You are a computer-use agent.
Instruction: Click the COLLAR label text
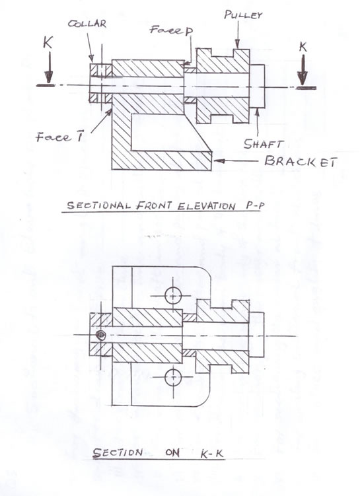(87, 23)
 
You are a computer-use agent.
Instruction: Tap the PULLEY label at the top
(243, 15)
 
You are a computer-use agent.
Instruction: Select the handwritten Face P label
(172, 30)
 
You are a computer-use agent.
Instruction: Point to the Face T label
(59, 137)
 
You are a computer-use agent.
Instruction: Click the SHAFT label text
(262, 144)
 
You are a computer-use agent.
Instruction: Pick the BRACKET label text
(301, 162)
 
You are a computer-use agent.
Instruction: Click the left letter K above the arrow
(48, 42)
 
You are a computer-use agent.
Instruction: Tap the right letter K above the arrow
(303, 47)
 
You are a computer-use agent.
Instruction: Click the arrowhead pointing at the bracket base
(219, 160)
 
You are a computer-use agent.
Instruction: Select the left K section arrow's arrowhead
(48, 77)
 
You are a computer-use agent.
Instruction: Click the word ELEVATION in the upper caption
(206, 207)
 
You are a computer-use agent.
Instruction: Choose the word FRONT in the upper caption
(155, 205)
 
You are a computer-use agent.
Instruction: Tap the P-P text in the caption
(255, 206)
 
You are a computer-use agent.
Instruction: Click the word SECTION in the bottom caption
(118, 452)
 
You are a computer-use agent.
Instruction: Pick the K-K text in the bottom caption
(212, 454)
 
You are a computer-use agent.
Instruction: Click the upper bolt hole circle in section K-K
(173, 296)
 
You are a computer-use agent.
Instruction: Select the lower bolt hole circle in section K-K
(173, 376)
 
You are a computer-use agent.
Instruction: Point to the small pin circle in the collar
(100, 334)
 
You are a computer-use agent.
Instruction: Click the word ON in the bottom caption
(172, 453)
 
